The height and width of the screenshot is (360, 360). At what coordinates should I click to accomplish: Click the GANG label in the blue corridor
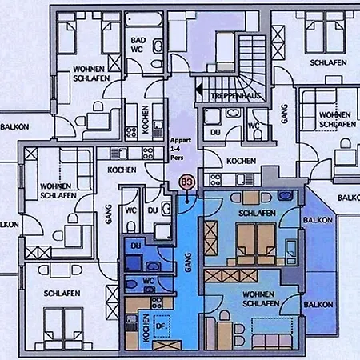187,265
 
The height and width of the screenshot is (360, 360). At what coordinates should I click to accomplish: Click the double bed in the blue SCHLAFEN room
255,239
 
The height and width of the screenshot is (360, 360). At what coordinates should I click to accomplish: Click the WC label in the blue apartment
149,281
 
